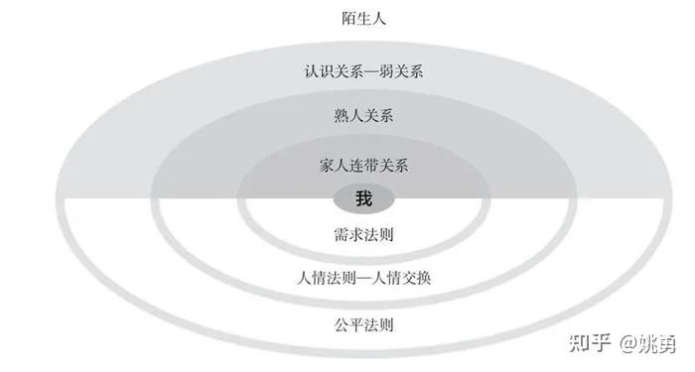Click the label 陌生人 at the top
[x=362, y=18]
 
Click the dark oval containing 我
[x=363, y=199]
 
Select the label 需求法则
[x=363, y=236]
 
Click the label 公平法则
[x=363, y=323]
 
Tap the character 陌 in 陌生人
[x=347, y=18]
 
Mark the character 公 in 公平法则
[x=341, y=323]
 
